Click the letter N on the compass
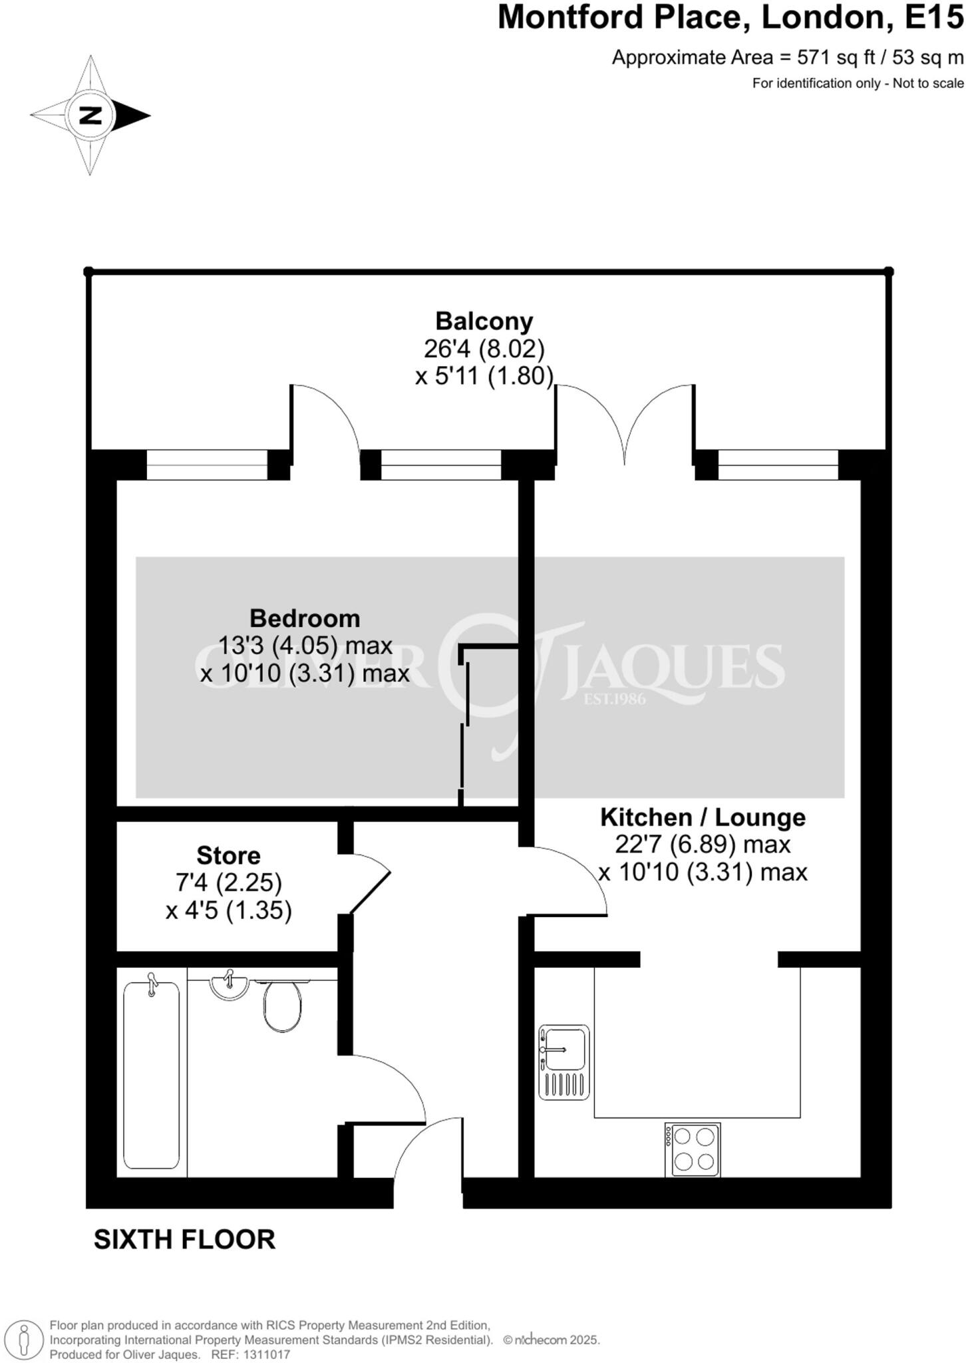(90, 115)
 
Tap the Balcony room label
(484, 321)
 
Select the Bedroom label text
(305, 618)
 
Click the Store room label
(228, 855)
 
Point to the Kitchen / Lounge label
(703, 817)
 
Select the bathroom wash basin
(229, 986)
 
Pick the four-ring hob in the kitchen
(693, 1149)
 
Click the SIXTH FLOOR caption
(184, 1240)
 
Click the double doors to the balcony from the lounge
(625, 426)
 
